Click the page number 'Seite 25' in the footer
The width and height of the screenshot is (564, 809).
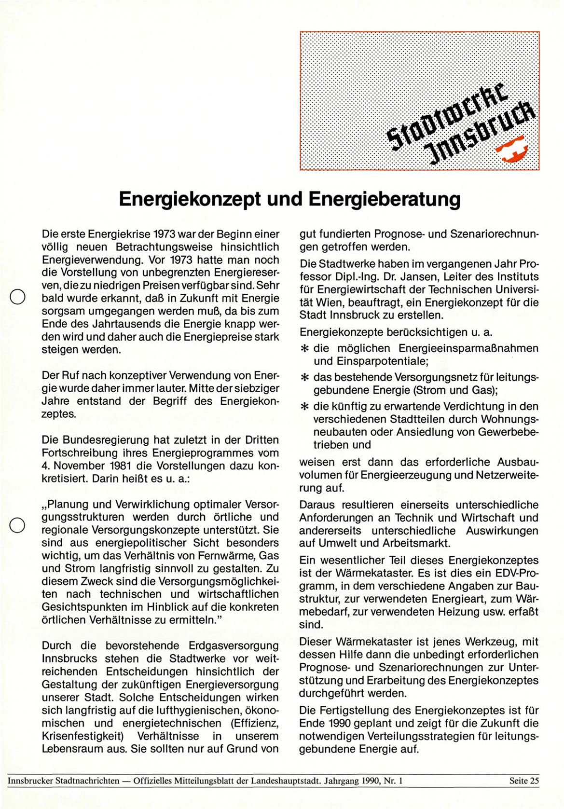[523, 781]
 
